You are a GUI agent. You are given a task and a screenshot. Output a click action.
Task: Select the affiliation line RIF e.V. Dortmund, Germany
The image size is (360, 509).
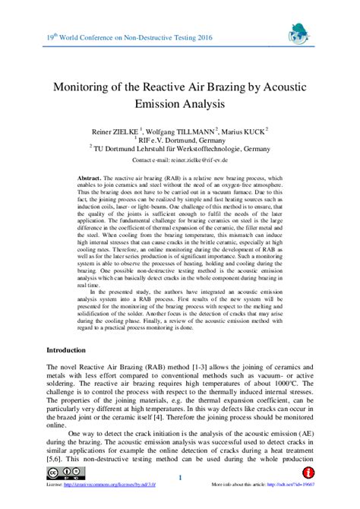[182, 140]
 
